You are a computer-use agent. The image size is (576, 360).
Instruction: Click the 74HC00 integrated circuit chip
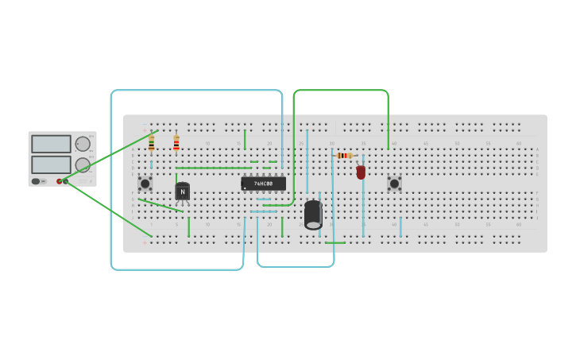click(263, 184)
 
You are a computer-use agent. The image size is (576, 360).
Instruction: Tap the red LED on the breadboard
click(361, 172)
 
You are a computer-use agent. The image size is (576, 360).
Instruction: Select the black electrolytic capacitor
click(313, 215)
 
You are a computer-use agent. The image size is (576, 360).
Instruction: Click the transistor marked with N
click(183, 192)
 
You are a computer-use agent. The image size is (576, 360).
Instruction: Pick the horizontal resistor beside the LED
click(344, 156)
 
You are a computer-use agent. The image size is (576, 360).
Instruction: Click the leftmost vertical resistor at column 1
click(151, 143)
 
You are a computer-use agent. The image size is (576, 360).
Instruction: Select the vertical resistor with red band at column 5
click(176, 143)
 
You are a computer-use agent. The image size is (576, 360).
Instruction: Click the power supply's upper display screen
click(52, 144)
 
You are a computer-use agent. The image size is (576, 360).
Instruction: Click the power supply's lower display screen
click(52, 165)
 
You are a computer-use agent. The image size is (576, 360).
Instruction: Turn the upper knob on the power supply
click(83, 144)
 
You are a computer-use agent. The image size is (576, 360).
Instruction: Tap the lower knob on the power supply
click(83, 165)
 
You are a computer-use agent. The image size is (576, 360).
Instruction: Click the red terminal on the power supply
click(59, 181)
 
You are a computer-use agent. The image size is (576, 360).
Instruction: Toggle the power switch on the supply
click(36, 181)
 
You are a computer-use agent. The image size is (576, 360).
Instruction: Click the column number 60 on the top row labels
click(519, 144)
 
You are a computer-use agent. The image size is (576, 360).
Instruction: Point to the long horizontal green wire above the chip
click(213, 168)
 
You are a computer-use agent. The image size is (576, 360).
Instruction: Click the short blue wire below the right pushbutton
click(400, 226)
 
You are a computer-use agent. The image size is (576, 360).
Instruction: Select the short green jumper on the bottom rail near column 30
click(334, 242)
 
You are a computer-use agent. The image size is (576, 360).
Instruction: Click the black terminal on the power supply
click(66, 181)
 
